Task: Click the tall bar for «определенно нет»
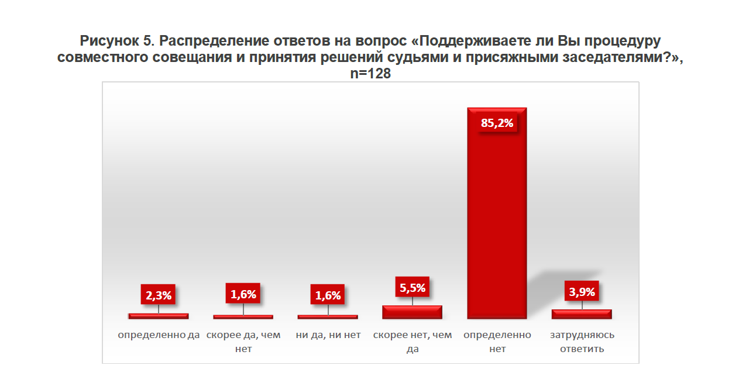click(497, 222)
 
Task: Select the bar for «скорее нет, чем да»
click(412, 312)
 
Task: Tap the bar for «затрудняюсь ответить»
click(582, 315)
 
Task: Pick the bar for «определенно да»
click(158, 316)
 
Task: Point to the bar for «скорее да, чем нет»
click(243, 317)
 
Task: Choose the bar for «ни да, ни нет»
click(328, 317)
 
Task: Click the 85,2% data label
click(497, 123)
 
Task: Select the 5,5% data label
click(413, 287)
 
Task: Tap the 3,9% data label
click(582, 292)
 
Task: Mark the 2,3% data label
click(159, 295)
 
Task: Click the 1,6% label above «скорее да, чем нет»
click(243, 294)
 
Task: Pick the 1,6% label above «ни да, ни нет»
click(328, 295)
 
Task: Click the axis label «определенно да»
click(159, 335)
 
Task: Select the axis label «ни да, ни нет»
click(328, 335)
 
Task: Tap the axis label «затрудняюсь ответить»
click(582, 342)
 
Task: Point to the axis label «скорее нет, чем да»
click(413, 342)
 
